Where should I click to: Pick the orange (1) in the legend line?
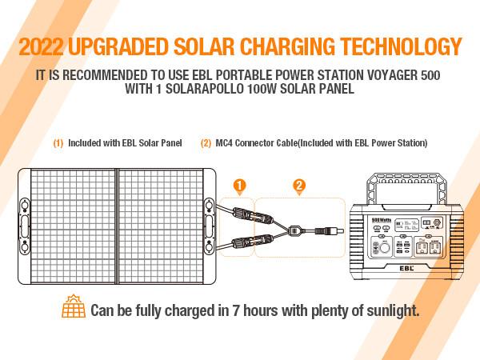point(58,142)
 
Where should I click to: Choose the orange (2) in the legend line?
point(206,142)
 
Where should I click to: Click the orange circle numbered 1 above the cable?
point(238,186)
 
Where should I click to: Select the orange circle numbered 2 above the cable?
point(298,186)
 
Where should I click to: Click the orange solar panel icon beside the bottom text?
point(74,309)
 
